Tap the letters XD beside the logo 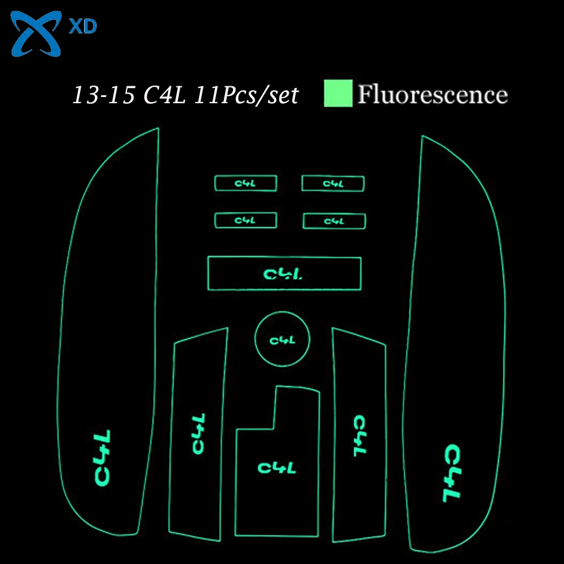tap(83, 27)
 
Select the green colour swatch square tap(338, 93)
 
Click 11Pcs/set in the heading tap(246, 95)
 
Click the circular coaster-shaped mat tap(282, 340)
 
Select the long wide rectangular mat tap(284, 273)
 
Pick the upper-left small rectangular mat tap(245, 183)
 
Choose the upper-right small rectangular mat tap(333, 183)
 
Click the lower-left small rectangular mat tap(245, 220)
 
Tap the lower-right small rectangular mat tap(334, 221)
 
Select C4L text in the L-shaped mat tap(276, 467)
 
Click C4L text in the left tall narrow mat tap(197, 434)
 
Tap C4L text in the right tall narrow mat tap(359, 436)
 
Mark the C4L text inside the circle tap(282, 340)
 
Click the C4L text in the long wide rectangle tap(284, 274)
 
